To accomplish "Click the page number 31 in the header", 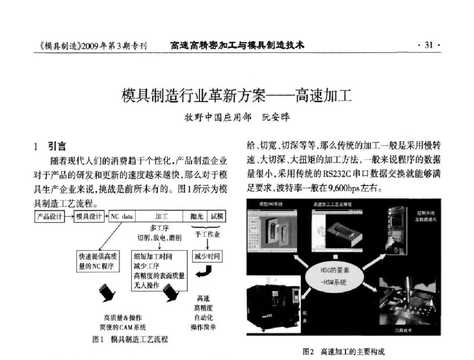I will [429, 46].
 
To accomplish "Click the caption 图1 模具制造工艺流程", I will [130, 340].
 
